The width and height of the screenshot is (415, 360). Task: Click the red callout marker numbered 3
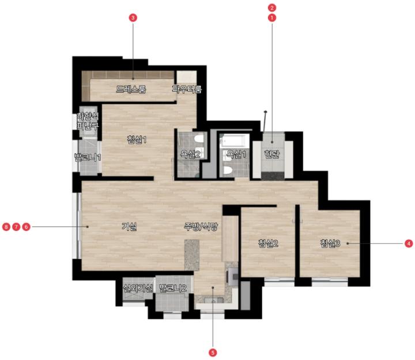pyautogui.click(x=133, y=18)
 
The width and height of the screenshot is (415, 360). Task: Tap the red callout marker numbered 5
pyautogui.click(x=213, y=353)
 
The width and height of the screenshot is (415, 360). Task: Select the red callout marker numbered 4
pyautogui.click(x=409, y=243)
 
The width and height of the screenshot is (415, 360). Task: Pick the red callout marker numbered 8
pyautogui.click(x=6, y=227)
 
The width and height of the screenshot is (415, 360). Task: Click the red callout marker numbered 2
pyautogui.click(x=272, y=7)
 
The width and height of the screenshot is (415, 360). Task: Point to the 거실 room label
pyautogui.click(x=129, y=226)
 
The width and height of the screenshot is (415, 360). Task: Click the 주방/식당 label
pyautogui.click(x=201, y=226)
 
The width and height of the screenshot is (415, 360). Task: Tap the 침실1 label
pyautogui.click(x=137, y=139)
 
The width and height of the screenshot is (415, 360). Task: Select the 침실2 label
pyautogui.click(x=268, y=243)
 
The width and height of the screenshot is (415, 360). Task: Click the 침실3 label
pyautogui.click(x=330, y=243)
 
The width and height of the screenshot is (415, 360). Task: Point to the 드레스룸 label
pyautogui.click(x=131, y=89)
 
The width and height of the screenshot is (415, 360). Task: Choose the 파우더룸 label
pyautogui.click(x=187, y=89)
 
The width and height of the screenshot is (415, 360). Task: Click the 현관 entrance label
pyautogui.click(x=272, y=154)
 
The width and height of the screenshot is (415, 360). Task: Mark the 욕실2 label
pyautogui.click(x=190, y=154)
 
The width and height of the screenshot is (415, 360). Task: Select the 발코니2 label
pyautogui.click(x=173, y=288)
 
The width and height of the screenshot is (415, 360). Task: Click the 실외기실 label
pyautogui.click(x=138, y=288)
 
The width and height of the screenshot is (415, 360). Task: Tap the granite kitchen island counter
pyautogui.click(x=192, y=255)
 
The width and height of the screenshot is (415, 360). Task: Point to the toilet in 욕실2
pyautogui.click(x=199, y=139)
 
